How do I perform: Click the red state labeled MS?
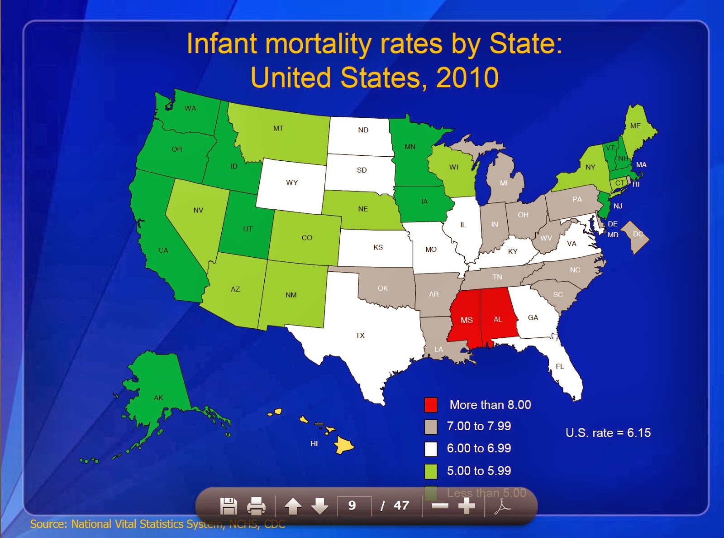point(466,320)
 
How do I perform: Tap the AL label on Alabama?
point(498,319)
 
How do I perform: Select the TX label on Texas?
point(360,336)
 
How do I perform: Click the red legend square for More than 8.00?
point(431,405)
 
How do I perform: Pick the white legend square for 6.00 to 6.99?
point(431,449)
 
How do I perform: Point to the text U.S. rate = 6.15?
point(608,433)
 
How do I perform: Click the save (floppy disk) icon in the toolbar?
point(229,506)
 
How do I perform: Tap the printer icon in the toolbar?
point(256,506)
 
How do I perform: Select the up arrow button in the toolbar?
point(293,506)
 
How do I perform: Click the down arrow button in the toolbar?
point(319,506)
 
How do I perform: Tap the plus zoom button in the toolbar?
point(467,506)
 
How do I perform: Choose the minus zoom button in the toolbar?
point(439,506)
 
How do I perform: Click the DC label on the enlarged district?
point(638,234)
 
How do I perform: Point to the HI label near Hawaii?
point(314,444)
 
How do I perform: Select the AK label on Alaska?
point(158,398)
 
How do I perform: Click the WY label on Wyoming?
point(292,183)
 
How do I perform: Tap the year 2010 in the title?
point(467,77)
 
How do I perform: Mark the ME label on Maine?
point(635,126)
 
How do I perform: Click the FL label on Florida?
point(560,366)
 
